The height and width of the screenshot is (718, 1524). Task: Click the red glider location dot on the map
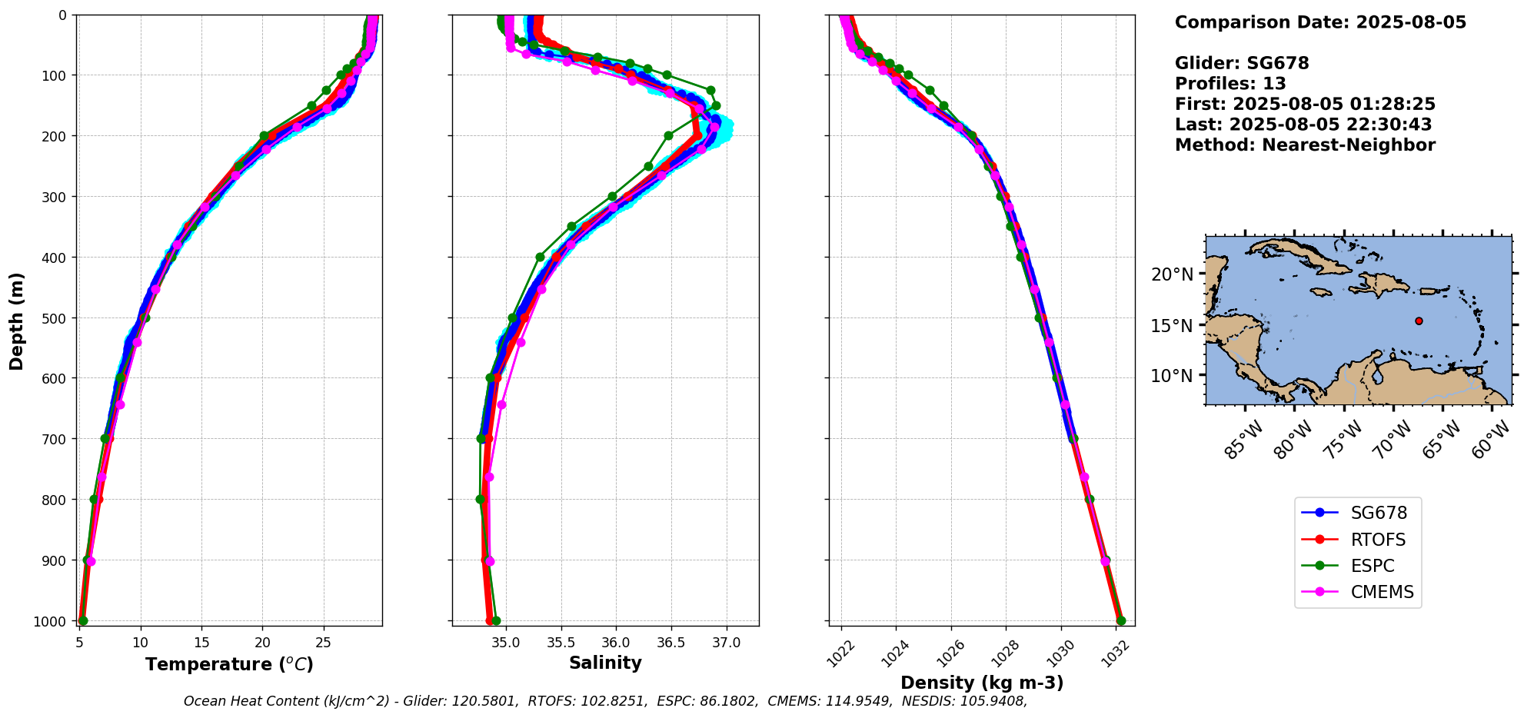[x=1419, y=321]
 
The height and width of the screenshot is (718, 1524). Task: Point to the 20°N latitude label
[x=1172, y=274]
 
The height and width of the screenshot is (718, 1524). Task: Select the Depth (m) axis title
[x=16, y=321]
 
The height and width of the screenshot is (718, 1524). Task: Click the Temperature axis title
[x=229, y=664]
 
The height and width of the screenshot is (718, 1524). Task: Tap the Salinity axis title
[x=605, y=663]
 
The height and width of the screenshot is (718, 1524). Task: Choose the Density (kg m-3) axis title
[x=982, y=683]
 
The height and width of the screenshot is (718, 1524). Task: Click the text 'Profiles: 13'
[x=1230, y=84]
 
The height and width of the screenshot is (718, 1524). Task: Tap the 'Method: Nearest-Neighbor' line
[x=1305, y=145]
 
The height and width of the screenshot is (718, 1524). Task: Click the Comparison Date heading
[x=1320, y=22]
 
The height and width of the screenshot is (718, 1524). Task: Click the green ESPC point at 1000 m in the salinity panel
[x=496, y=620]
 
